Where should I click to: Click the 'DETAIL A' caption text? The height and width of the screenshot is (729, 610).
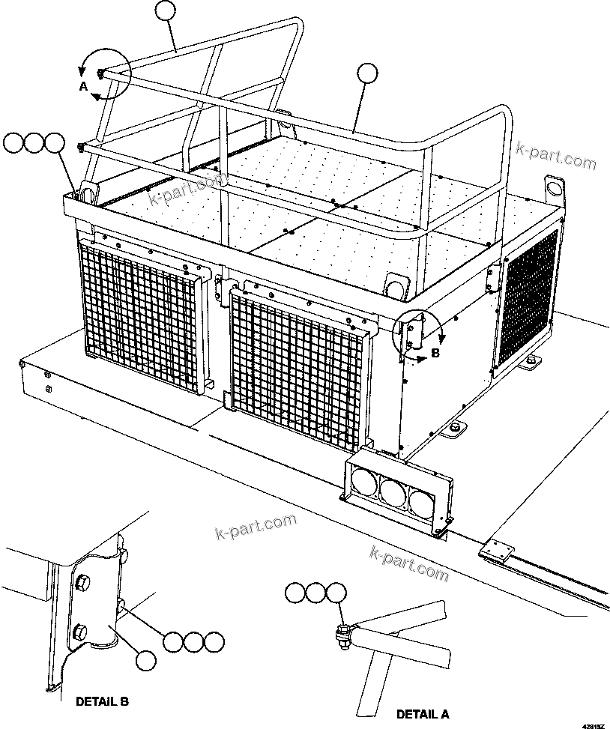[423, 713]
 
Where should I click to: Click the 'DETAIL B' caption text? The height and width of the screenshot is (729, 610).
[103, 701]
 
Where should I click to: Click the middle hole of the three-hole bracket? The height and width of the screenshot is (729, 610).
[390, 491]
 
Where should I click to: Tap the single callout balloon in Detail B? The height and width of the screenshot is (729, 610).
[148, 660]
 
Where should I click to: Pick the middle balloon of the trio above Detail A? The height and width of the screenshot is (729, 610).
[315, 593]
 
